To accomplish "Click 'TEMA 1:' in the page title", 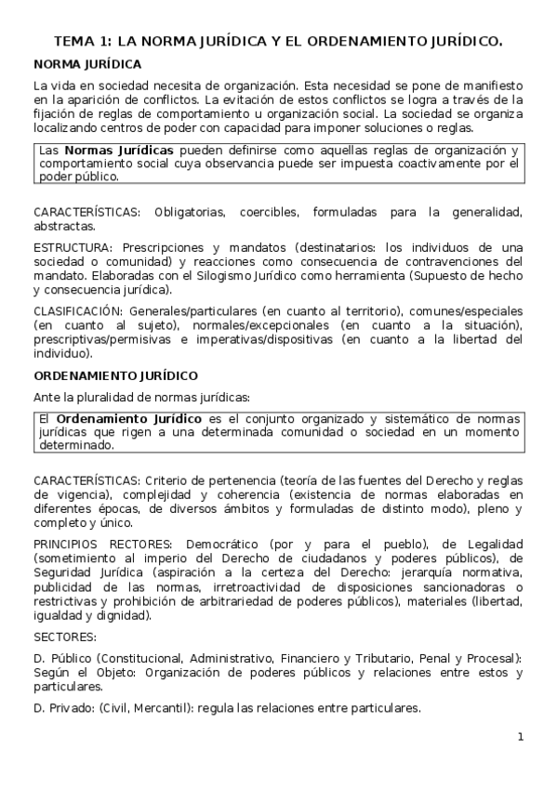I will (x=82, y=41).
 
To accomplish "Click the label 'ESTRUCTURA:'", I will (x=72, y=248).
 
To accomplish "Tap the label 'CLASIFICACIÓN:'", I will (x=77, y=310).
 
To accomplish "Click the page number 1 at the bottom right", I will (x=521, y=737).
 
